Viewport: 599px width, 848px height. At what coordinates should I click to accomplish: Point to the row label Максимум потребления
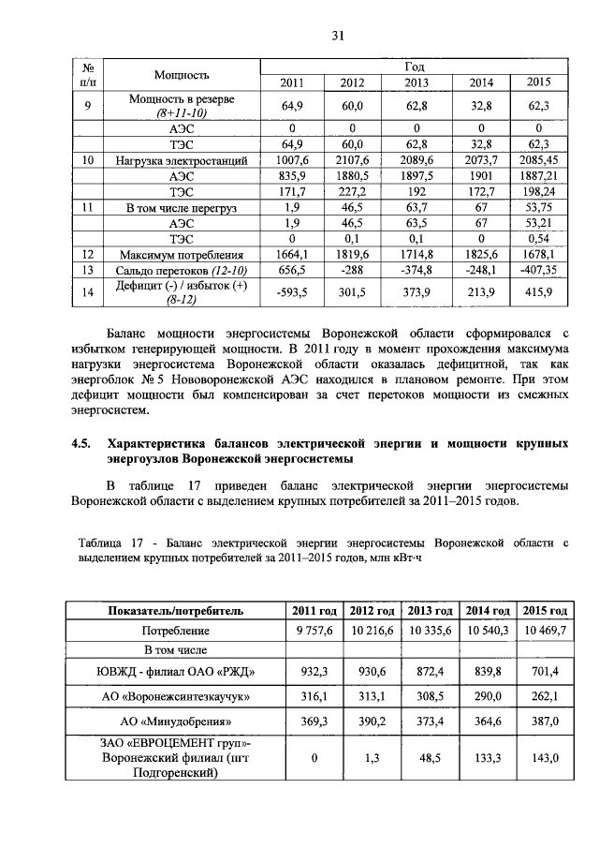coord(182,254)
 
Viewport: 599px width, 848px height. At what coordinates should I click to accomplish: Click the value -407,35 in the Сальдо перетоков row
coord(539,269)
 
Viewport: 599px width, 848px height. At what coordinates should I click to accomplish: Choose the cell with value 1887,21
coord(539,175)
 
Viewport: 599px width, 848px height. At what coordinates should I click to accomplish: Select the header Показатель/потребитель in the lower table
coord(176,610)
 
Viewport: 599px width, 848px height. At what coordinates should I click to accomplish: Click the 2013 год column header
coord(430,610)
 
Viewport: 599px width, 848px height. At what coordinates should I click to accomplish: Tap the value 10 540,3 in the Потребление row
coord(487,631)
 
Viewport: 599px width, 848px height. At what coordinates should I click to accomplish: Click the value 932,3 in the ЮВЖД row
coord(313,672)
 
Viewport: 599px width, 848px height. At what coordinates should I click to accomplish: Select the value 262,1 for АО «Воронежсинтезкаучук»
coord(545,697)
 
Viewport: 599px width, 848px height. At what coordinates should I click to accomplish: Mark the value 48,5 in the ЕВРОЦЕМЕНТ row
coord(430,756)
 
